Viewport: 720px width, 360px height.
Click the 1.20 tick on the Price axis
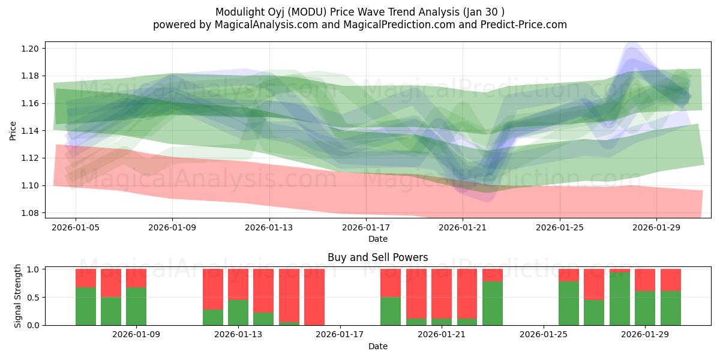click(x=31, y=49)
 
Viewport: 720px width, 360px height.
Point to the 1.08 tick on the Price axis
click(x=31, y=213)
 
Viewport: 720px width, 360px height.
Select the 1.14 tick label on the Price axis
click(x=31, y=131)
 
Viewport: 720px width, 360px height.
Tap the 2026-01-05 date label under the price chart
click(x=75, y=228)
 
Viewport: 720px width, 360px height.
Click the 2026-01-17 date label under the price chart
click(x=366, y=228)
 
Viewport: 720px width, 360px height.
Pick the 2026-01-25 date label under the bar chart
click(x=544, y=335)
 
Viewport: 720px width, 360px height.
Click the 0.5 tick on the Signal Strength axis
click(x=34, y=297)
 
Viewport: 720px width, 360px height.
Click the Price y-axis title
click(x=13, y=131)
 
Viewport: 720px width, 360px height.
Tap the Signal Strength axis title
click(x=18, y=296)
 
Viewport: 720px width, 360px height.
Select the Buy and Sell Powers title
click(x=377, y=257)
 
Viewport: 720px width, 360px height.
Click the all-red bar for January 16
click(x=314, y=297)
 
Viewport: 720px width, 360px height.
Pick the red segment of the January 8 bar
click(x=111, y=283)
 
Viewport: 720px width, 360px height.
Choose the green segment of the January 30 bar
click(x=671, y=308)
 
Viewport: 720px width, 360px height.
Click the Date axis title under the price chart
click(x=377, y=239)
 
